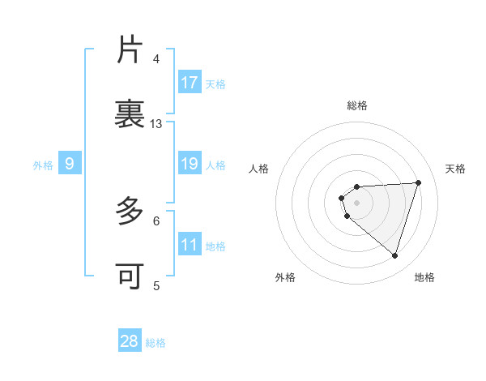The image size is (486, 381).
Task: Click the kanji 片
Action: [x=130, y=50]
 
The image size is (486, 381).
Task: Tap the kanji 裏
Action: [x=130, y=113]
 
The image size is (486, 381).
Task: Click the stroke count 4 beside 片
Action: [x=156, y=59]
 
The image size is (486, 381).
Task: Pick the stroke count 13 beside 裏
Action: [x=156, y=124]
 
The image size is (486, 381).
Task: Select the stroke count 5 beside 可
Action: [x=156, y=285]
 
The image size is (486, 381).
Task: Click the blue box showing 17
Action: [x=190, y=83]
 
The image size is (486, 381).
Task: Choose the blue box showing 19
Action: [x=190, y=164]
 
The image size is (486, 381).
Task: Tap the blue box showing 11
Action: [x=190, y=245]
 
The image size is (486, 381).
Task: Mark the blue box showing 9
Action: [x=70, y=165]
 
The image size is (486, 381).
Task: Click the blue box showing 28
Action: [x=130, y=341]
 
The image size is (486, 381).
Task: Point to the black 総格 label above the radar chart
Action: [x=357, y=105]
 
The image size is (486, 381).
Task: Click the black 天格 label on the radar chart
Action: [x=455, y=169]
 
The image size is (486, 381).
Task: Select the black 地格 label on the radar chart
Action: [x=424, y=277]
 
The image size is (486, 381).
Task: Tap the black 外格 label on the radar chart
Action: [x=285, y=277]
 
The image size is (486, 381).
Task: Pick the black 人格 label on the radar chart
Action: [x=259, y=169]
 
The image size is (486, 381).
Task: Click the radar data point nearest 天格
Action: [x=418, y=182]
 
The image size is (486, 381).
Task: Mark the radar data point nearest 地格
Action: [x=394, y=255]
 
